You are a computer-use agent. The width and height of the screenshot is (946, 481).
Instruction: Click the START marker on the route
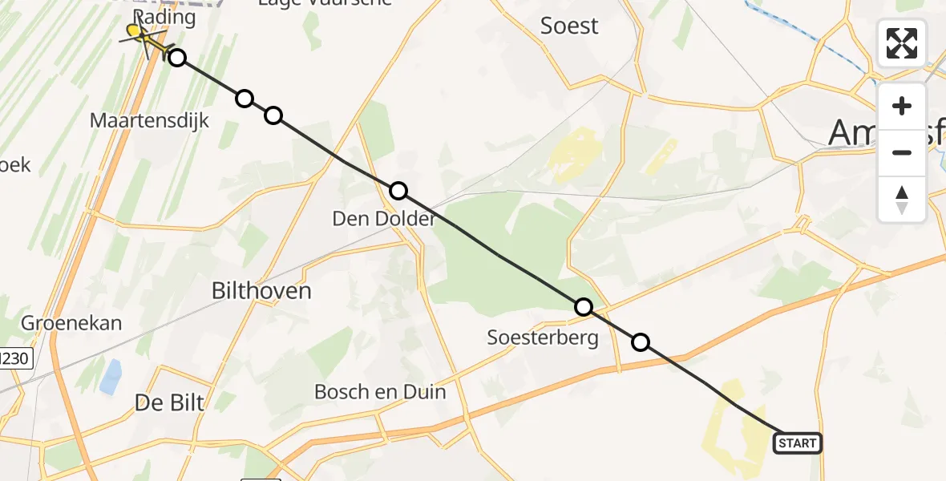click(797, 443)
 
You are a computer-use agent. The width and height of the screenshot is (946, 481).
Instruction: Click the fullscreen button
click(902, 43)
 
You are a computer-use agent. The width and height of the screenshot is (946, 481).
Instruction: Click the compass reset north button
click(902, 199)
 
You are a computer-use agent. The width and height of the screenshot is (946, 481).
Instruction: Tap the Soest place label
click(569, 26)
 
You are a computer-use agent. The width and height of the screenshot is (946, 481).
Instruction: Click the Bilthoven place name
click(261, 290)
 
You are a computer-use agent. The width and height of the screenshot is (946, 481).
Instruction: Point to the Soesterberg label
click(543, 338)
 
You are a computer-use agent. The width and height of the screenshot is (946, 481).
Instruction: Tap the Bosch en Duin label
click(380, 392)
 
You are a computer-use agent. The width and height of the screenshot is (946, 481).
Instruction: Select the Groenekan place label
click(72, 323)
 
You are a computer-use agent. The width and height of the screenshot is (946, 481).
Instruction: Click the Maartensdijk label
click(150, 121)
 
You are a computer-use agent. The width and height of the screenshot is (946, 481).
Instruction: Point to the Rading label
click(164, 17)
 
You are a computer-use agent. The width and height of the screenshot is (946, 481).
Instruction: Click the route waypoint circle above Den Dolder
click(398, 191)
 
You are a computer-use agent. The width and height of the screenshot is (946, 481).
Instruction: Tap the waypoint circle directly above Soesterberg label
click(584, 306)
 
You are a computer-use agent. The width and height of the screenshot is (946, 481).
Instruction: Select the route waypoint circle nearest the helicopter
click(177, 58)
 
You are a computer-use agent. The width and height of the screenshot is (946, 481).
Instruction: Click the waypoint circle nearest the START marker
click(641, 342)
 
